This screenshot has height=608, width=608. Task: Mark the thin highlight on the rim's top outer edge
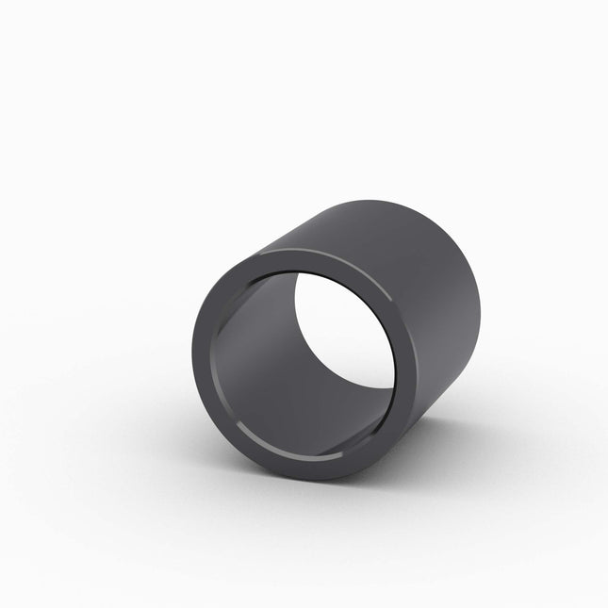(x=283, y=253)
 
